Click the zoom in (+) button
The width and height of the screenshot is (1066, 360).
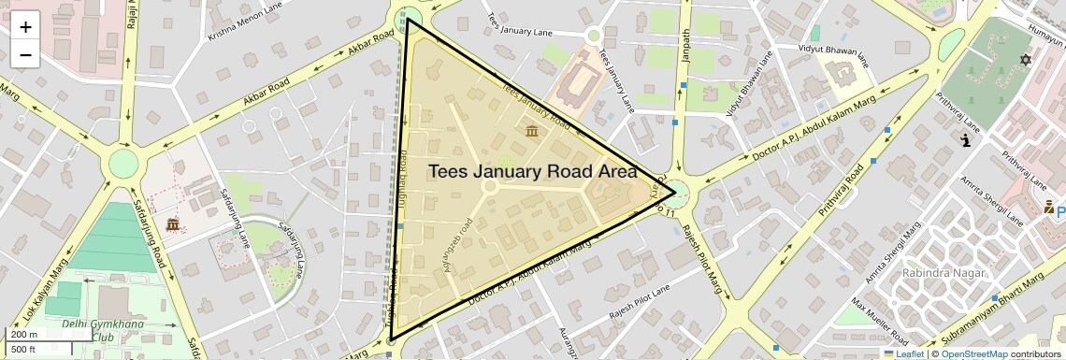pos(25,27)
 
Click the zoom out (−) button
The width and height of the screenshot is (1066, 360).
pos(25,54)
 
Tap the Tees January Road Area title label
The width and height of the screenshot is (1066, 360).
pos(532,172)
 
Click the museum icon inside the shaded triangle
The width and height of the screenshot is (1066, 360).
pos(531,130)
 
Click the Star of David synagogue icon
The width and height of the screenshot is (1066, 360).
pos(1025,61)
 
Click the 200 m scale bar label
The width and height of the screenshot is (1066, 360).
pos(23,335)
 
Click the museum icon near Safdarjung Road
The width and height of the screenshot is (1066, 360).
pos(173,224)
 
